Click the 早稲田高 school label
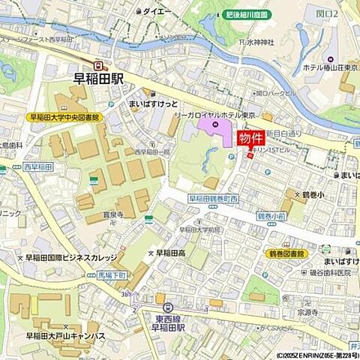click(170, 253)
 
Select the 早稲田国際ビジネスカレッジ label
click(70, 257)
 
